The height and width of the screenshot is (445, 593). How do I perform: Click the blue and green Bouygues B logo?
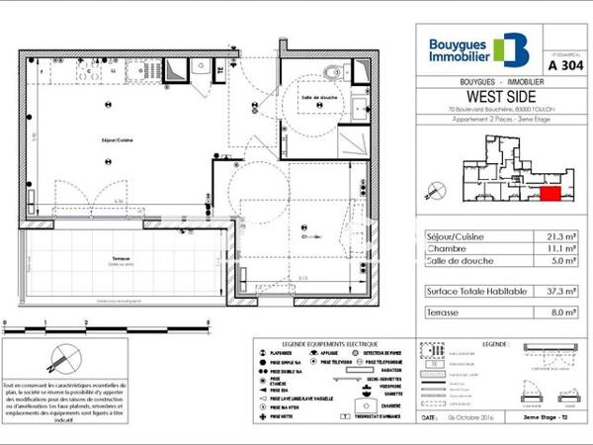coord(511,49)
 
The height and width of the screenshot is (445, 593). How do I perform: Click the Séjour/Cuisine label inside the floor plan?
coord(117,140)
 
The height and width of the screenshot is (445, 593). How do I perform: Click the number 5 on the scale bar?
coord(208,323)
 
